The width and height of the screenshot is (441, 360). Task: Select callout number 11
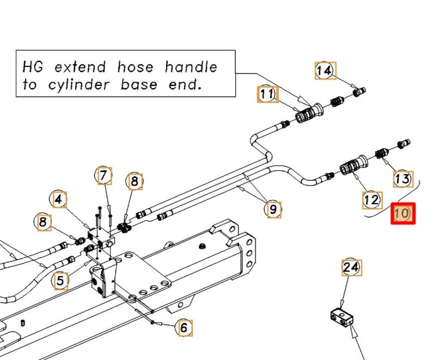coord(267,95)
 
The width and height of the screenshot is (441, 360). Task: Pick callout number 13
coord(403,178)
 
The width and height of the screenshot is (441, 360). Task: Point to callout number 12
coord(371,200)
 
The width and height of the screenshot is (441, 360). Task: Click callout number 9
coord(273,208)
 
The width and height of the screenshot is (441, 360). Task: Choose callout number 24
coord(352,267)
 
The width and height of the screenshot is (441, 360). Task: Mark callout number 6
coord(183,328)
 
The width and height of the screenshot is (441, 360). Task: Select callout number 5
coord(60,281)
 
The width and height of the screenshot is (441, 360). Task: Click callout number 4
coord(60,200)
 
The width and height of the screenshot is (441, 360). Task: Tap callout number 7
coord(103,175)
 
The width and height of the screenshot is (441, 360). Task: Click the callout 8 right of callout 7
coord(134,181)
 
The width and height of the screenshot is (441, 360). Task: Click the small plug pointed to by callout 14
coord(360,91)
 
